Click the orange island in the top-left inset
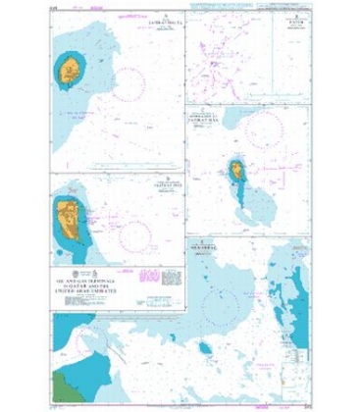click(69, 71)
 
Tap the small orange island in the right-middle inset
click(236, 173)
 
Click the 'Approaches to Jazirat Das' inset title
click(217, 115)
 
